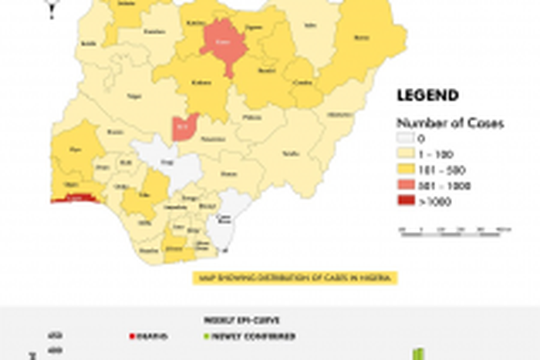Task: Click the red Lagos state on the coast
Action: (x=76, y=198)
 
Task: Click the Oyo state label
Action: (x=76, y=149)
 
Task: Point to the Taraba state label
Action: (x=291, y=153)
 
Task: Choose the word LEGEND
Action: (x=427, y=96)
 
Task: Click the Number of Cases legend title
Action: (x=440, y=123)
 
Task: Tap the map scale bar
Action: (x=455, y=230)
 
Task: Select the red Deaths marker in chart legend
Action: (x=132, y=337)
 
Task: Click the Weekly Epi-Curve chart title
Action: (x=231, y=320)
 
